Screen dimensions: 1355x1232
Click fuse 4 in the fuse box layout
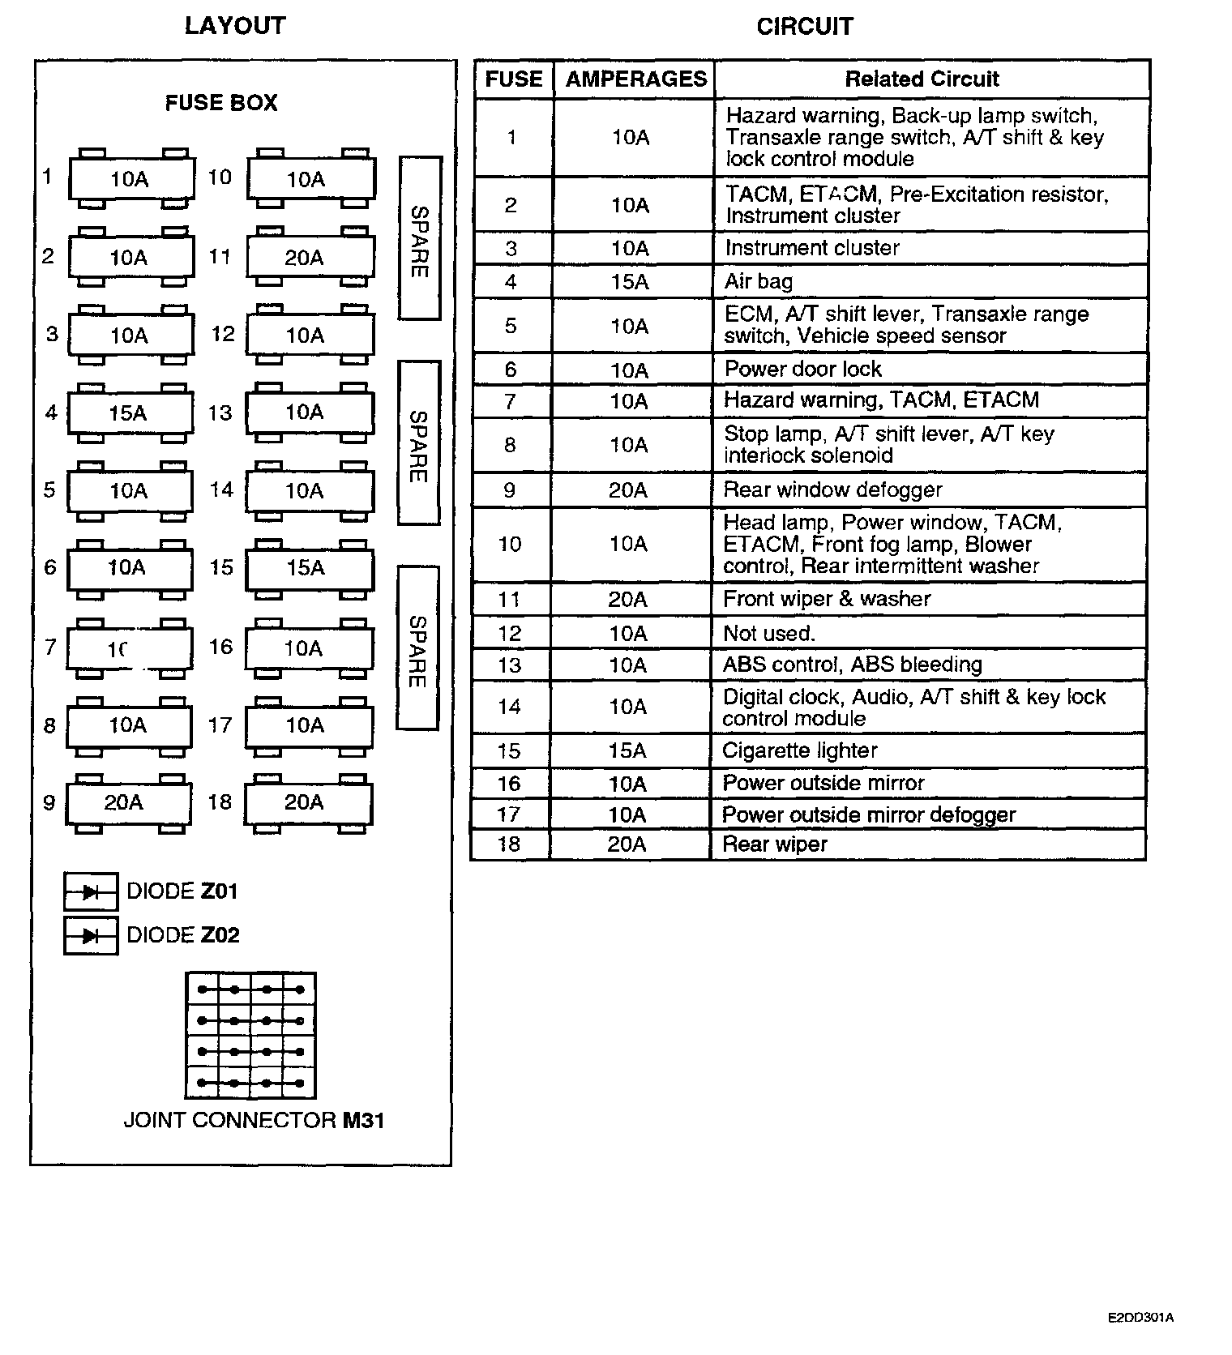[x=130, y=413]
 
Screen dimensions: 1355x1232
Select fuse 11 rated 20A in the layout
[x=310, y=258]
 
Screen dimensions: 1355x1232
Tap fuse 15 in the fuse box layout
[x=309, y=568]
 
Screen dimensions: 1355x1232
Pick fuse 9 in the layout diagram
[x=128, y=802]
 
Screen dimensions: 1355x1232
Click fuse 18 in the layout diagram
[x=308, y=802]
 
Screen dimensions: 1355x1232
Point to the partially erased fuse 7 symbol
[x=129, y=648]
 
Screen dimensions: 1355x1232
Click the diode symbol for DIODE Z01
[x=91, y=892]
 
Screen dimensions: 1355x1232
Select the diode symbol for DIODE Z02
[x=91, y=935]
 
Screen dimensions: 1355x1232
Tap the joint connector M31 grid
[x=250, y=1036]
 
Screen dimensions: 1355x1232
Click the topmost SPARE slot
[x=420, y=238]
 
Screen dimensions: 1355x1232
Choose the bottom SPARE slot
[x=417, y=648]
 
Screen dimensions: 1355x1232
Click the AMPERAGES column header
[x=635, y=79]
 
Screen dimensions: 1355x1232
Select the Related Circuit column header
[x=922, y=79]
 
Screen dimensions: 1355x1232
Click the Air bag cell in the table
[x=930, y=281]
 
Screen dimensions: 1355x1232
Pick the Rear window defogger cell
[x=930, y=490]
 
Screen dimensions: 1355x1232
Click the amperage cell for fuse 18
[x=628, y=844]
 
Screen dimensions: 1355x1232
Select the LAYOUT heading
[x=235, y=26]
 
